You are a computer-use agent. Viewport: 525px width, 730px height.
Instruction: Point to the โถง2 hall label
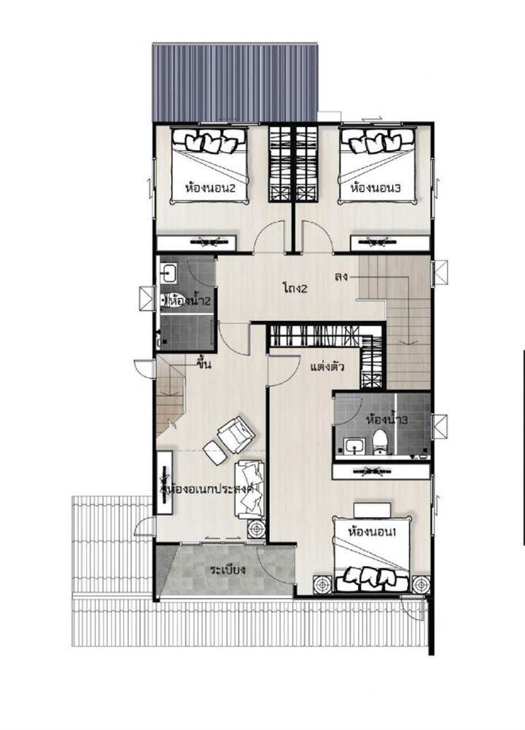tap(295, 288)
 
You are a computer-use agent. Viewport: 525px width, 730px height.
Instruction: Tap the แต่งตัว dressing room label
tap(327, 367)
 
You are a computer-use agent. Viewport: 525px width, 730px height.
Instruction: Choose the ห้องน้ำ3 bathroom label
tap(387, 420)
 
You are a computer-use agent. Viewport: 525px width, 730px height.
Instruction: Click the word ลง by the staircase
tap(341, 276)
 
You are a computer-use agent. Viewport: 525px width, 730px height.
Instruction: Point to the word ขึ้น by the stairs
tap(204, 363)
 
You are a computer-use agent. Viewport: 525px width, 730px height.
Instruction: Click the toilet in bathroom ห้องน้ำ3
tap(380, 442)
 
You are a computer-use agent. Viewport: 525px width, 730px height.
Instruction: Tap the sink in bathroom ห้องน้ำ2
tap(168, 273)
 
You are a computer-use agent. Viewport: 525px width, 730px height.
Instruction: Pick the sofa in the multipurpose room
tap(249, 489)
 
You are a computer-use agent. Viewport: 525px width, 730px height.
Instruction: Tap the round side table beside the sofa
tap(256, 529)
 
